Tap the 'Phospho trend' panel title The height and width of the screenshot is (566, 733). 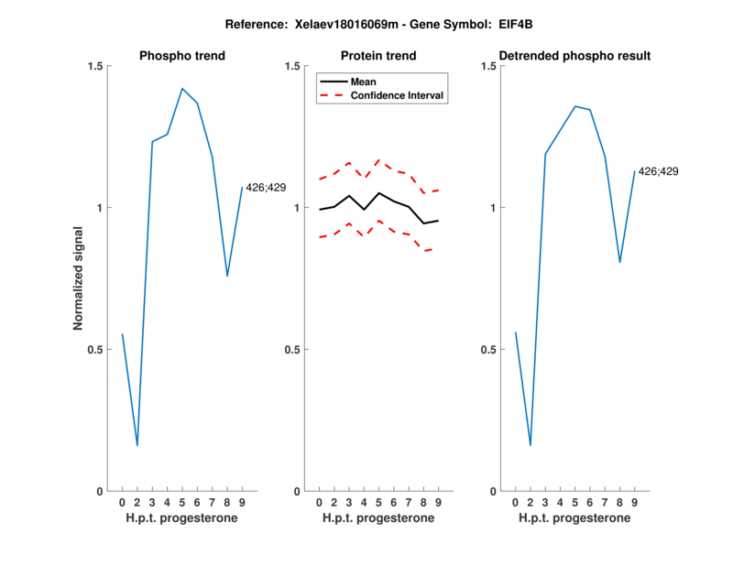point(182,56)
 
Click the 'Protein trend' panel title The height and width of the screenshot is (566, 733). point(378,56)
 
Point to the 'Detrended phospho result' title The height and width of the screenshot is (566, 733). point(575,56)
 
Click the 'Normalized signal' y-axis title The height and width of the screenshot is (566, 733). point(79,278)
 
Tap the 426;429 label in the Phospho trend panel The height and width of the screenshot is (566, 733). point(266,188)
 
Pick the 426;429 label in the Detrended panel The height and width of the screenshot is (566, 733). point(659,171)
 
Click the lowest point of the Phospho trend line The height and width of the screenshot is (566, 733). point(137,445)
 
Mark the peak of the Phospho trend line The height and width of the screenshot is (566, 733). point(182,89)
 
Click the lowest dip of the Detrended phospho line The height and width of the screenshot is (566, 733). point(531,445)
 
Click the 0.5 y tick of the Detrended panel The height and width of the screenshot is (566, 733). point(490,350)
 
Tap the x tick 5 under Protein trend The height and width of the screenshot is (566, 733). point(378,503)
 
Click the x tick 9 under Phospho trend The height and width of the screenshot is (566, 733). point(242,503)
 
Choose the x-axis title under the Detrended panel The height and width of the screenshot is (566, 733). point(574,518)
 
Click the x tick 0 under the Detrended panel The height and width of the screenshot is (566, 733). point(515,503)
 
